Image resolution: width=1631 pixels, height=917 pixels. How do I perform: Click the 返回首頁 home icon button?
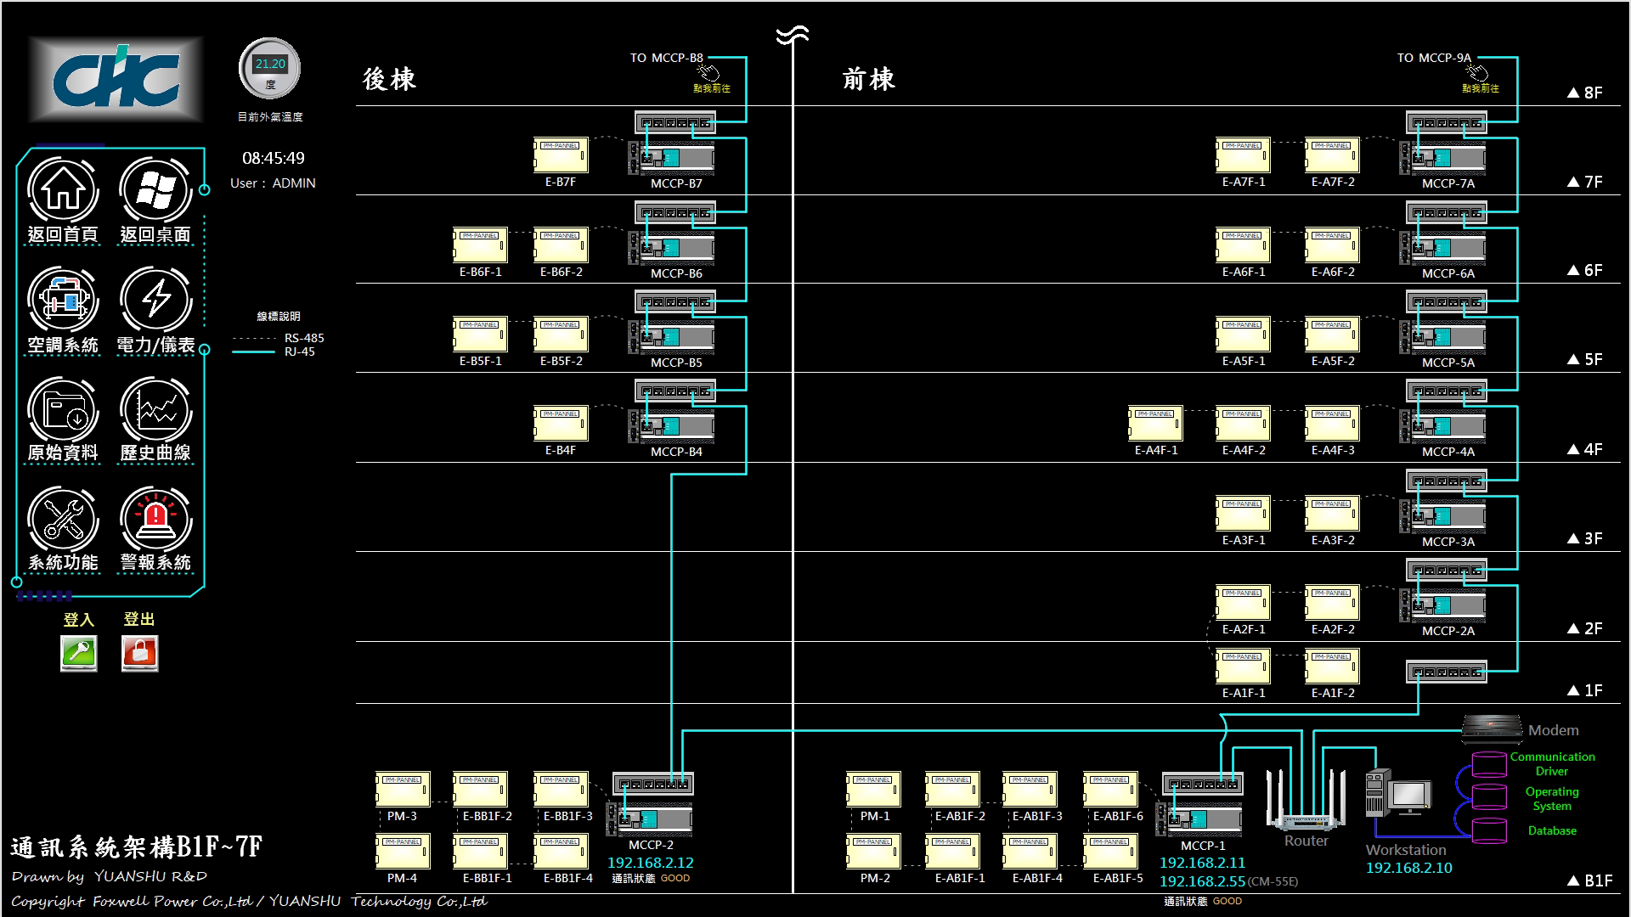pyautogui.click(x=63, y=190)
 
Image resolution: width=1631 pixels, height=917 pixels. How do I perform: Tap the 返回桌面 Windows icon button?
pyautogui.click(x=155, y=190)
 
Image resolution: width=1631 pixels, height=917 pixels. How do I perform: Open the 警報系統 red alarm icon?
pyautogui.click(x=155, y=518)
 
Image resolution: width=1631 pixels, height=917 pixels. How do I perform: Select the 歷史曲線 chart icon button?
pyautogui.click(x=155, y=409)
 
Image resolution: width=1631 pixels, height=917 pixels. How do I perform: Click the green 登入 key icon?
pyautogui.click(x=79, y=653)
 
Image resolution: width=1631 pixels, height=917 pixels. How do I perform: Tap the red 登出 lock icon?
pyautogui.click(x=139, y=653)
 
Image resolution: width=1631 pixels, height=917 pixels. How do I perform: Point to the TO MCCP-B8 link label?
pyautogui.click(x=667, y=58)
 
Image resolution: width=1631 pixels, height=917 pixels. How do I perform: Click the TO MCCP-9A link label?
pyautogui.click(x=1434, y=58)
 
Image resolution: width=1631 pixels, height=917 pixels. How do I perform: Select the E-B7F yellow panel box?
pyautogui.click(x=561, y=155)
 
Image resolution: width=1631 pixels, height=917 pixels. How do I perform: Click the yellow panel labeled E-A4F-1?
pyautogui.click(x=1155, y=424)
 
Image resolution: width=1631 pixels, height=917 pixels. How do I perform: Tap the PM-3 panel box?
pyautogui.click(x=403, y=790)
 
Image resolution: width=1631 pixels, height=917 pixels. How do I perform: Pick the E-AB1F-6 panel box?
pyautogui.click(x=1110, y=790)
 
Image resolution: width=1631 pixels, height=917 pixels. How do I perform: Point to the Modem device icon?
pyautogui.click(x=1492, y=726)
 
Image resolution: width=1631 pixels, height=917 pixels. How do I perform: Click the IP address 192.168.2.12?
pyautogui.click(x=650, y=863)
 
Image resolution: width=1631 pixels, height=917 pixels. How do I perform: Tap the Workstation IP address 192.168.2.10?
pyautogui.click(x=1408, y=868)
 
